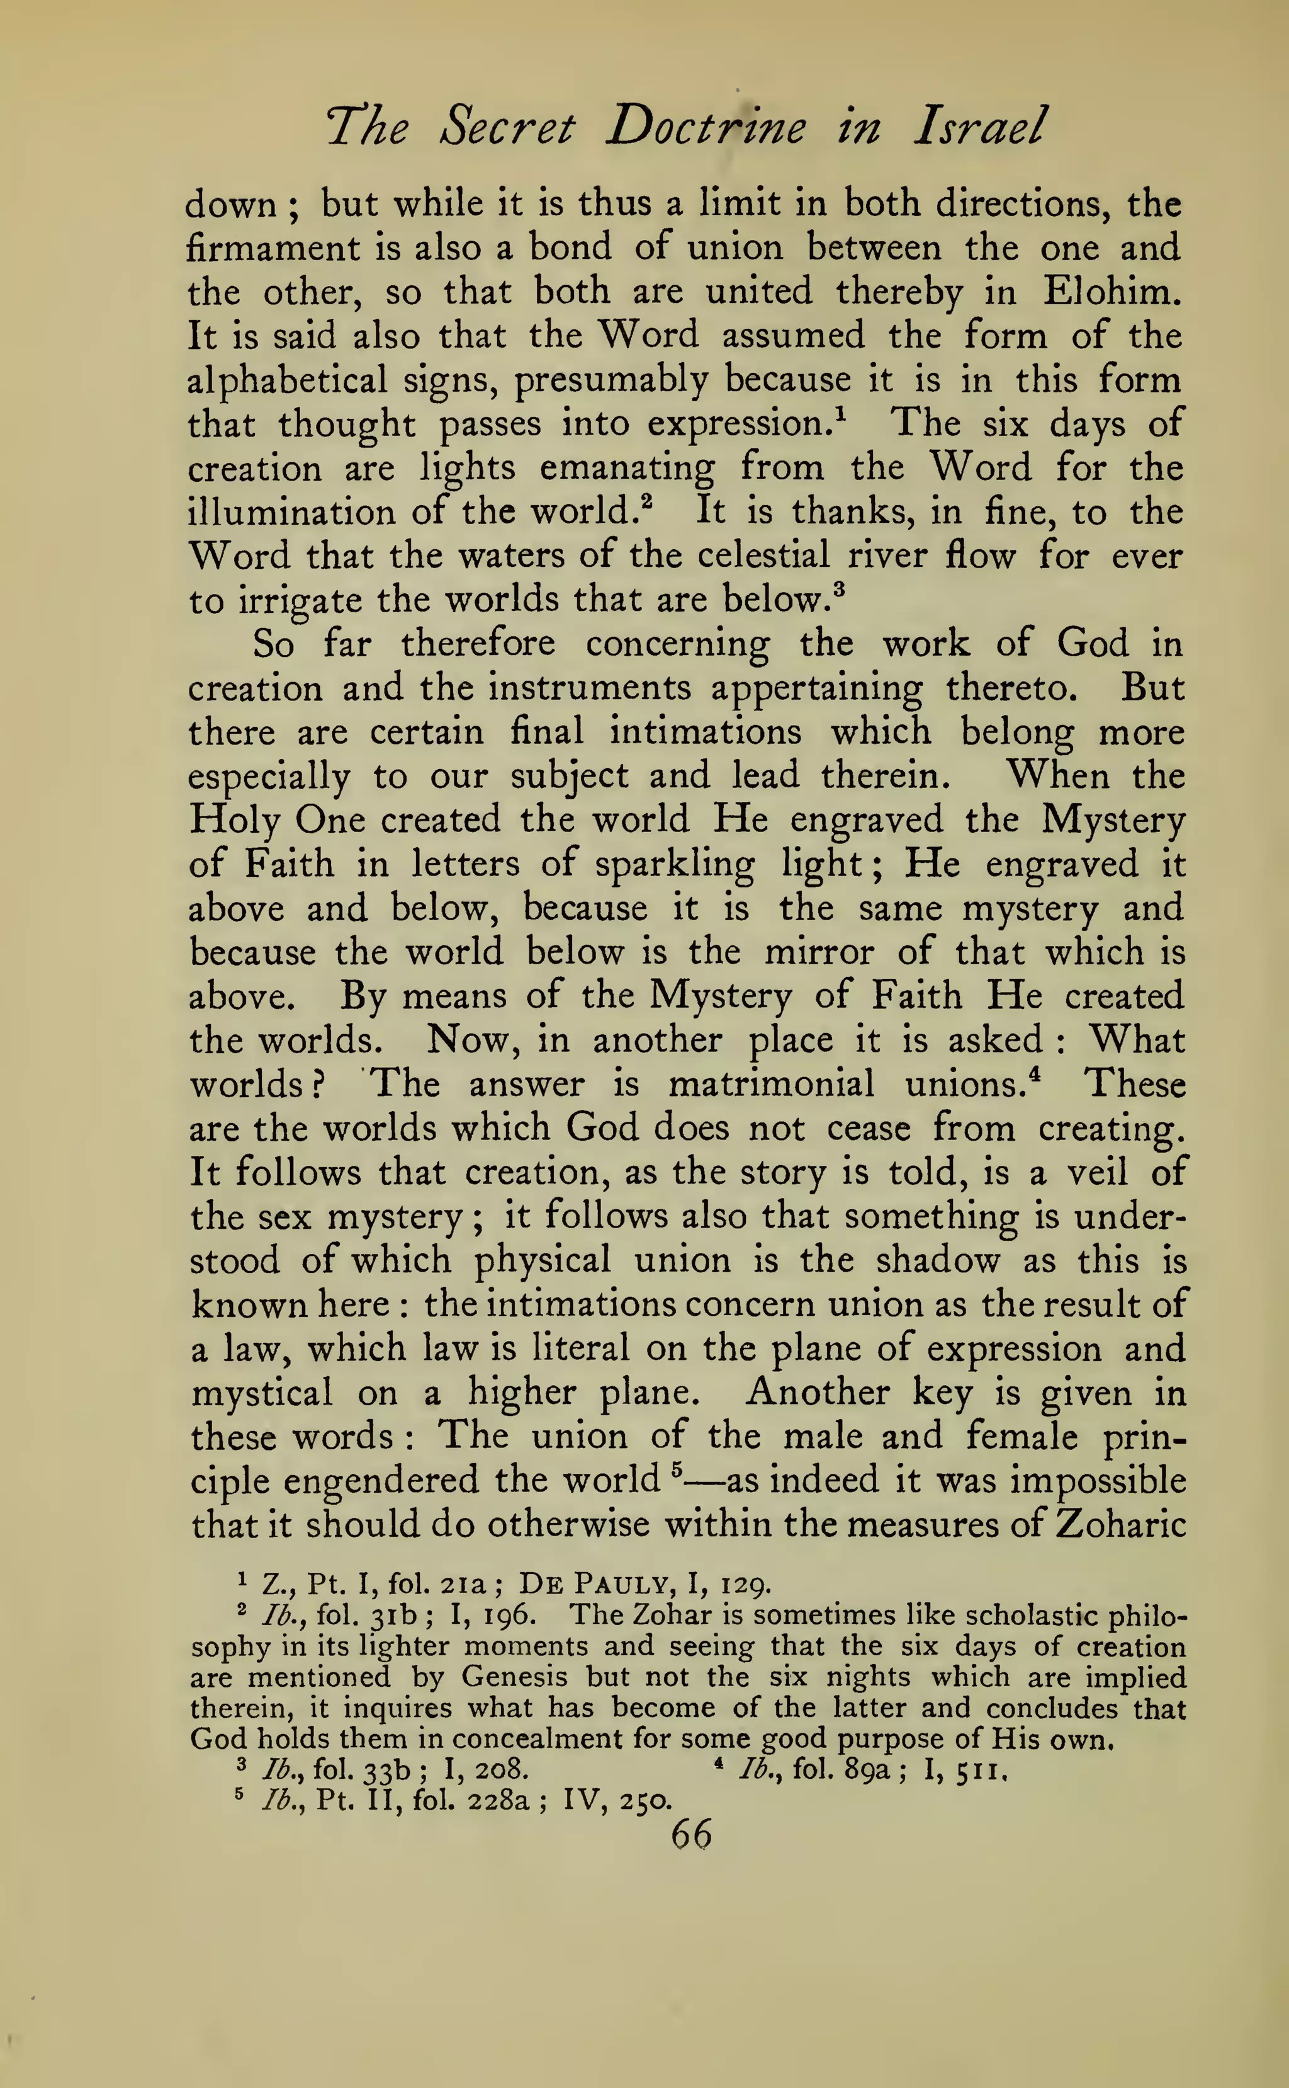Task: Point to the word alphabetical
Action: (287, 380)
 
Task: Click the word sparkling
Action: (674, 865)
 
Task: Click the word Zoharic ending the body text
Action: (1120, 1525)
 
